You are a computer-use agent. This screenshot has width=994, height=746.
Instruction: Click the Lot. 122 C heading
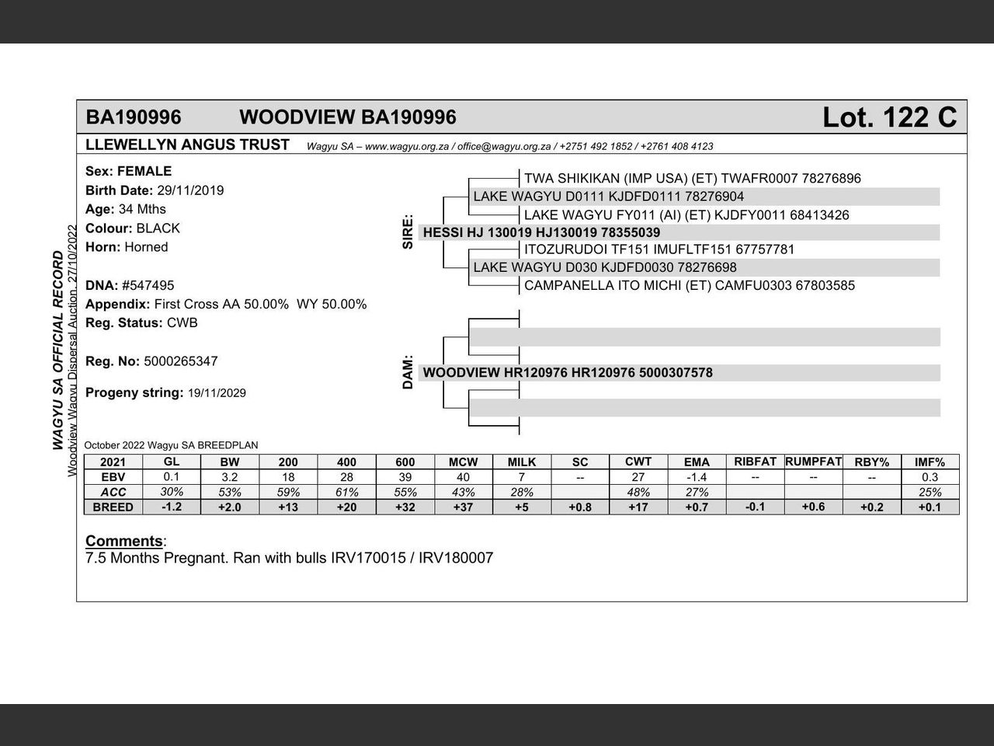pos(889,117)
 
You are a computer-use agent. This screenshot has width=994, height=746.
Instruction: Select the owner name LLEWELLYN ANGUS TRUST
pos(187,145)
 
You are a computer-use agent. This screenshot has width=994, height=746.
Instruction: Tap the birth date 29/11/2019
pos(190,190)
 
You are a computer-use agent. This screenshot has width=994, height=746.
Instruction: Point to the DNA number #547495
pos(148,285)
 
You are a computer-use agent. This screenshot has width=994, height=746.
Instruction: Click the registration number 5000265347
pos(181,361)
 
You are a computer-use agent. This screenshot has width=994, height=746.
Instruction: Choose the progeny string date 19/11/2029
pos(217,393)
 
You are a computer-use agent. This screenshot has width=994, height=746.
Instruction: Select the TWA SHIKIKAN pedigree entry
pos(692,179)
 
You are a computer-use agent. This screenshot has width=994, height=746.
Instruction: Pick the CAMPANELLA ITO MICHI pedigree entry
pos(689,285)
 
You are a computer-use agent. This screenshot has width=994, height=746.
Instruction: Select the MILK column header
pos(522,462)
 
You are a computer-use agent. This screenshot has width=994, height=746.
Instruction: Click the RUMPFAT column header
pos(813,462)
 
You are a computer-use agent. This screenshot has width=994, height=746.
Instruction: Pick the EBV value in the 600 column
pos(405,477)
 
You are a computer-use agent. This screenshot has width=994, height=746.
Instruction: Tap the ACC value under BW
pos(230,492)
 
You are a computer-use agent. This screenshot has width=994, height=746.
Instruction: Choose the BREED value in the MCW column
pos(463,507)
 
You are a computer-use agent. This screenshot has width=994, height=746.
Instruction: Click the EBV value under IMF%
pos(930,477)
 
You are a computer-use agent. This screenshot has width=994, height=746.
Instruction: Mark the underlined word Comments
pos(123,541)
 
